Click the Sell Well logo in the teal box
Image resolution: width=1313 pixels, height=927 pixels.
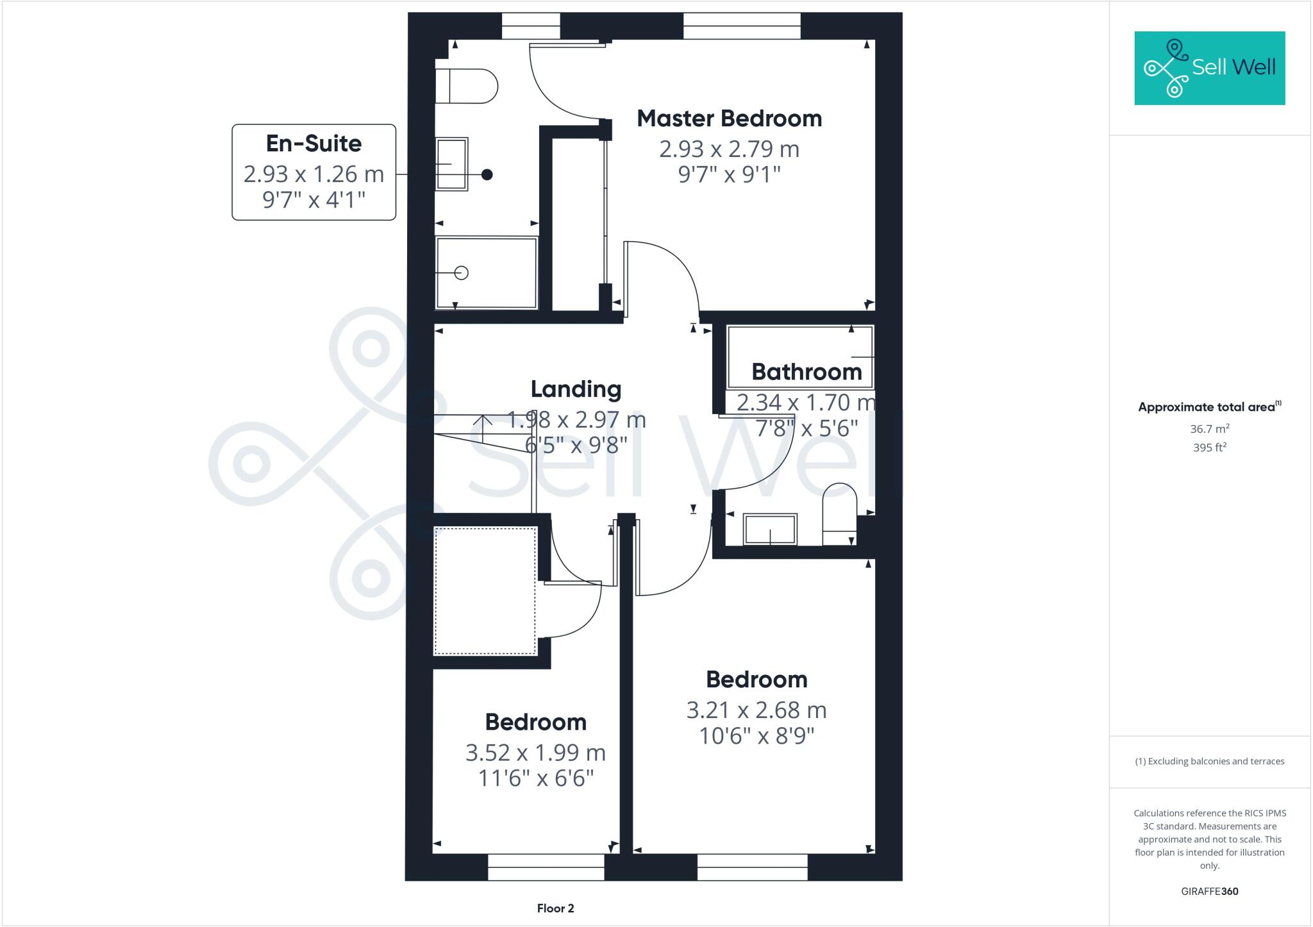tap(1209, 67)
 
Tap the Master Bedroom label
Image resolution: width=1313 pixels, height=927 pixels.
tap(729, 119)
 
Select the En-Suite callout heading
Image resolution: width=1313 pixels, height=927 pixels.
tap(314, 144)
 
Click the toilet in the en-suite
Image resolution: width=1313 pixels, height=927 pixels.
tap(466, 87)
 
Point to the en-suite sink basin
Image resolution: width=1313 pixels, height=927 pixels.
tap(452, 164)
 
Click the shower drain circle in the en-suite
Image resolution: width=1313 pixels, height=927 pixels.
tap(461, 273)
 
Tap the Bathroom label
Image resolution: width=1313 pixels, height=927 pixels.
tap(806, 372)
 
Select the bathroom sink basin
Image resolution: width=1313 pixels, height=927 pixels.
tap(770, 530)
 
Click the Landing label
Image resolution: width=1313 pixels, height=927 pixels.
tap(576, 389)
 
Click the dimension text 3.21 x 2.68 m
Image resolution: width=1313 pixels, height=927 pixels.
tap(757, 710)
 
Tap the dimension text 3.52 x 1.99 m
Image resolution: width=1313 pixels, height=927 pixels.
tap(535, 753)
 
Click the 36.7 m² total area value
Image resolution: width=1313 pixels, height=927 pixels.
tap(1209, 429)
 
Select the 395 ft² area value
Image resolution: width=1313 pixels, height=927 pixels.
tap(1209, 447)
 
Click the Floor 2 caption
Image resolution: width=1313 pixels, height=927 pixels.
tap(555, 908)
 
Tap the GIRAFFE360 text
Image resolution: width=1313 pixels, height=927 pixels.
tap(1209, 891)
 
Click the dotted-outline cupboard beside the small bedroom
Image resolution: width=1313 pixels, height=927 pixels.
tap(485, 590)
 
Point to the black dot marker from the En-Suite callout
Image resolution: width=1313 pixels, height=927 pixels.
tap(487, 174)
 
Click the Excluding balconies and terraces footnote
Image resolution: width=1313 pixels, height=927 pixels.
tap(1209, 762)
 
